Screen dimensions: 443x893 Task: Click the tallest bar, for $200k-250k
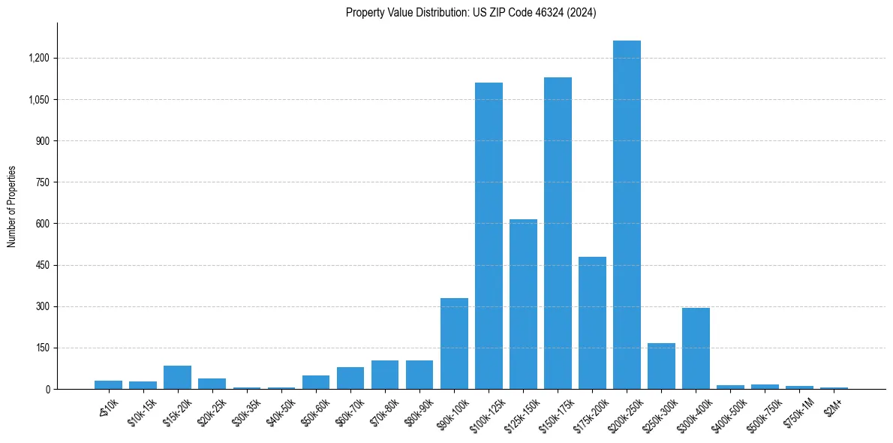[627, 215]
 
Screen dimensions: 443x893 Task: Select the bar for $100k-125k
[489, 236]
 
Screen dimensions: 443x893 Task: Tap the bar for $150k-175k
[558, 233]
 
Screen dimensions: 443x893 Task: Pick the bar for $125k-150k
[523, 304]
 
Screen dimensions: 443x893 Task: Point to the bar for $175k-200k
[592, 323]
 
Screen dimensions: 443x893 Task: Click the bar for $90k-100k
[454, 343]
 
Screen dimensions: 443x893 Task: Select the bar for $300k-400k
[696, 348]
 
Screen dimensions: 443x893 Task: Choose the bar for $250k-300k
[661, 366]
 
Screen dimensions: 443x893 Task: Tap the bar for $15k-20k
[177, 377]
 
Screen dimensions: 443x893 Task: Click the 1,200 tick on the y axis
[39, 59]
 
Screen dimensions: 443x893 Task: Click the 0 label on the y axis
[47, 389]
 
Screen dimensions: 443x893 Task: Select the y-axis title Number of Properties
[12, 206]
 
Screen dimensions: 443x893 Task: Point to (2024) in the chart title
[583, 12]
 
